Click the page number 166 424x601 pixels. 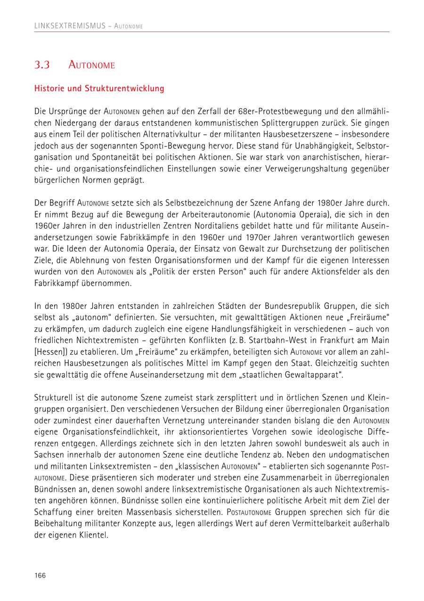coord(40,575)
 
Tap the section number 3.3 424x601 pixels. coord(42,65)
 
